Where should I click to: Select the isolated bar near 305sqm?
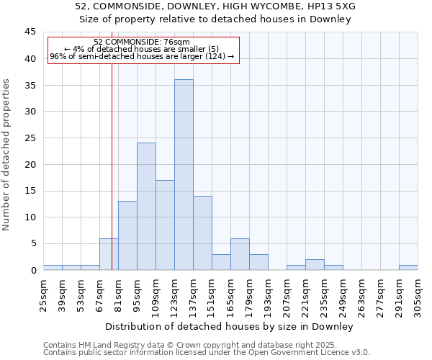tap(408, 267)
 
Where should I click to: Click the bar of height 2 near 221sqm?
tap(315, 264)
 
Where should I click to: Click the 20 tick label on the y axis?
tap(30, 164)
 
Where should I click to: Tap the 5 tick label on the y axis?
tap(33, 243)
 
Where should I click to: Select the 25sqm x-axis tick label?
tap(45, 294)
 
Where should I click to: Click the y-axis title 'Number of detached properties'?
tap(7, 154)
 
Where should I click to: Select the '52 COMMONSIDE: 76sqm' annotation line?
tap(142, 42)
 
